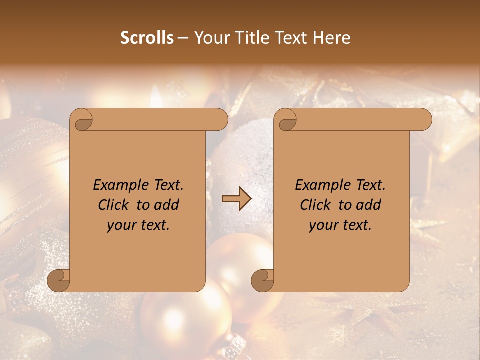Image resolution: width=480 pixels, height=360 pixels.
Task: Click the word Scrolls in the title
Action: click(x=147, y=38)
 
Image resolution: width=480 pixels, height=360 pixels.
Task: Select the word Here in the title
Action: click(x=333, y=38)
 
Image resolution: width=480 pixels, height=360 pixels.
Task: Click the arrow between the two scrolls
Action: click(x=236, y=199)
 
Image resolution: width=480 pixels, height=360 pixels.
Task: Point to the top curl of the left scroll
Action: click(x=81, y=120)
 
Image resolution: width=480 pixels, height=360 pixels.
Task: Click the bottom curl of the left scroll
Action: click(x=58, y=280)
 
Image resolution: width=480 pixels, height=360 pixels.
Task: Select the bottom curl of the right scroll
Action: click(x=262, y=280)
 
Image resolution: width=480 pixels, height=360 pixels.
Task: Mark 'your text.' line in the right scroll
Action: click(x=340, y=225)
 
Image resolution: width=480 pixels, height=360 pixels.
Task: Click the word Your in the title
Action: click(x=211, y=38)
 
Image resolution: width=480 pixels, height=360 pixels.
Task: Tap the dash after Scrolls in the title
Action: click(x=183, y=38)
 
